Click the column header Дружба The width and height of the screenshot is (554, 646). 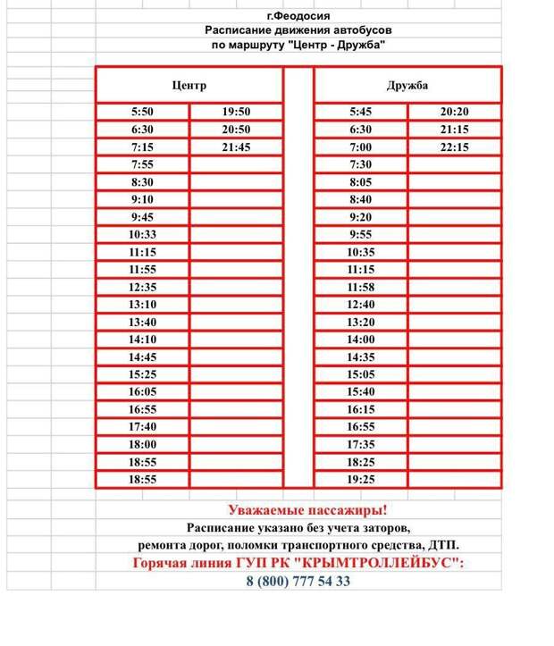(x=407, y=86)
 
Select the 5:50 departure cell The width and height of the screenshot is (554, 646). (x=142, y=112)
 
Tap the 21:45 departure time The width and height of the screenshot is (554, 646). (x=236, y=147)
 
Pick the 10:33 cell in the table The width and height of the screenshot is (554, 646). (x=142, y=234)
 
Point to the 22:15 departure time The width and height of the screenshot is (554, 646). (x=454, y=147)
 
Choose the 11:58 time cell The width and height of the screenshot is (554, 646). (x=360, y=287)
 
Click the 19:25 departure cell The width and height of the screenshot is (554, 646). (x=360, y=480)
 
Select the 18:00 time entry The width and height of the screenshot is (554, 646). (x=142, y=445)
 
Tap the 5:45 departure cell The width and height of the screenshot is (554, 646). (x=360, y=112)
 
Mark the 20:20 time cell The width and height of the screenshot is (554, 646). (x=454, y=112)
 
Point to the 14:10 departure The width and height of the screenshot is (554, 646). (x=142, y=340)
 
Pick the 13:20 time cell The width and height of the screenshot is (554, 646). (x=360, y=322)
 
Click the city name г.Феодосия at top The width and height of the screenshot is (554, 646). (x=298, y=15)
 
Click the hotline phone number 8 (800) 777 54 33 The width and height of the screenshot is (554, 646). (x=298, y=581)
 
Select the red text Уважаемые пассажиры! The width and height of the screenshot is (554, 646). (x=306, y=511)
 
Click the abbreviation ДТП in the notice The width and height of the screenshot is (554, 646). (x=447, y=544)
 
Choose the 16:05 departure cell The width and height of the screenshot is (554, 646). (x=142, y=392)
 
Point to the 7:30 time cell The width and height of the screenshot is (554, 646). (x=360, y=164)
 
